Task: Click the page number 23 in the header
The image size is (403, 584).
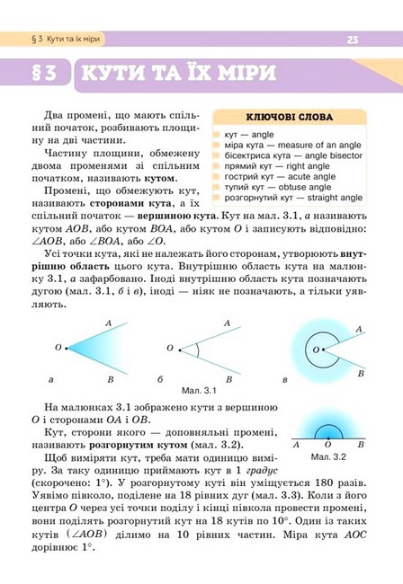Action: coord(352,40)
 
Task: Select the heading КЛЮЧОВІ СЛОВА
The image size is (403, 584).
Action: coord(290,117)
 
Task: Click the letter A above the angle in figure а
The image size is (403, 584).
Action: coord(108,323)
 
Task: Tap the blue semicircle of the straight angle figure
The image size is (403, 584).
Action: coord(327,429)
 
